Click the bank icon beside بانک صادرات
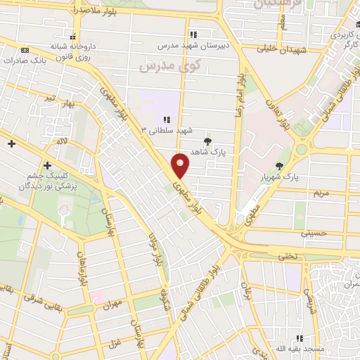[25, 50]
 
